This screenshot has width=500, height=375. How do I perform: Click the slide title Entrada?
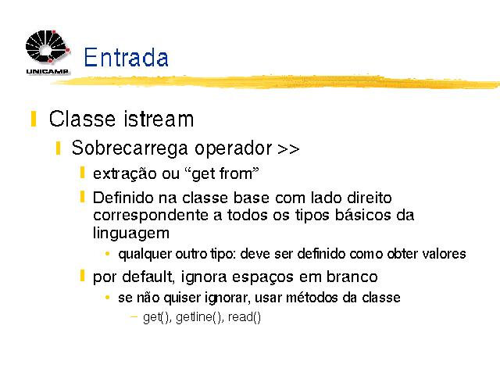pyautogui.click(x=126, y=57)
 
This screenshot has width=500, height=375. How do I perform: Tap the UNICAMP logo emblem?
pyautogui.click(x=48, y=47)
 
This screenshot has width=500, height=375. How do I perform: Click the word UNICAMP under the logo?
pyautogui.click(x=47, y=71)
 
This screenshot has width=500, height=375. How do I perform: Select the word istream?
pyautogui.click(x=159, y=119)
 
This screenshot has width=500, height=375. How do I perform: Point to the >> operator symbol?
pyautogui.click(x=288, y=149)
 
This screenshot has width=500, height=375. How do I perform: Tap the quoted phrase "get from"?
pyautogui.click(x=222, y=174)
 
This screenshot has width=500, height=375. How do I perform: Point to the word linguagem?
pyautogui.click(x=131, y=233)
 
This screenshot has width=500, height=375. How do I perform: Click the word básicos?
pyautogui.click(x=362, y=215)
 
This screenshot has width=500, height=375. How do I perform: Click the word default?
pyautogui.click(x=148, y=277)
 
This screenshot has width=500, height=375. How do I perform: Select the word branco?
pyautogui.click(x=352, y=277)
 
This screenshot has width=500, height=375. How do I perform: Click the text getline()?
pyautogui.click(x=199, y=317)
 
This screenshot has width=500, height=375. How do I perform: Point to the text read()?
pyautogui.click(x=245, y=317)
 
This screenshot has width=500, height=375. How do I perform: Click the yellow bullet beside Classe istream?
pyautogui.click(x=33, y=119)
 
